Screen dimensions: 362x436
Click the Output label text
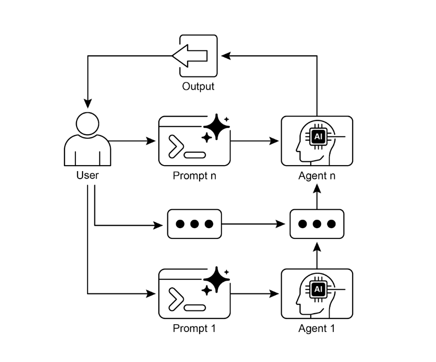click(198, 86)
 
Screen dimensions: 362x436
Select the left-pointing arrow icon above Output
click(190, 56)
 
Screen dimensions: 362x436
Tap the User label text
click(88, 175)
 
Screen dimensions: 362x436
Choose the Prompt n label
click(194, 176)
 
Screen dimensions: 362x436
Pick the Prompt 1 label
click(194, 329)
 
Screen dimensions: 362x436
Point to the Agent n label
click(317, 176)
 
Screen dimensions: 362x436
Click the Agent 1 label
click(317, 329)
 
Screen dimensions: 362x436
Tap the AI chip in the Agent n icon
click(318, 136)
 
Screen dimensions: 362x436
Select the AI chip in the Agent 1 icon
click(318, 289)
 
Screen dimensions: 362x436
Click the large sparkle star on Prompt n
click(217, 126)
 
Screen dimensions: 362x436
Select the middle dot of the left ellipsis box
click(194, 224)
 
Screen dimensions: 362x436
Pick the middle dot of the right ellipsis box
click(317, 224)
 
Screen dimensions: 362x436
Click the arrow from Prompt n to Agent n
click(255, 141)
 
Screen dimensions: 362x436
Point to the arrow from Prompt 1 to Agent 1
click(255, 294)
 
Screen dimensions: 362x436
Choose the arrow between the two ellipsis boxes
click(255, 224)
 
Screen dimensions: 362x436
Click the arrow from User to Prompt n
click(133, 141)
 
